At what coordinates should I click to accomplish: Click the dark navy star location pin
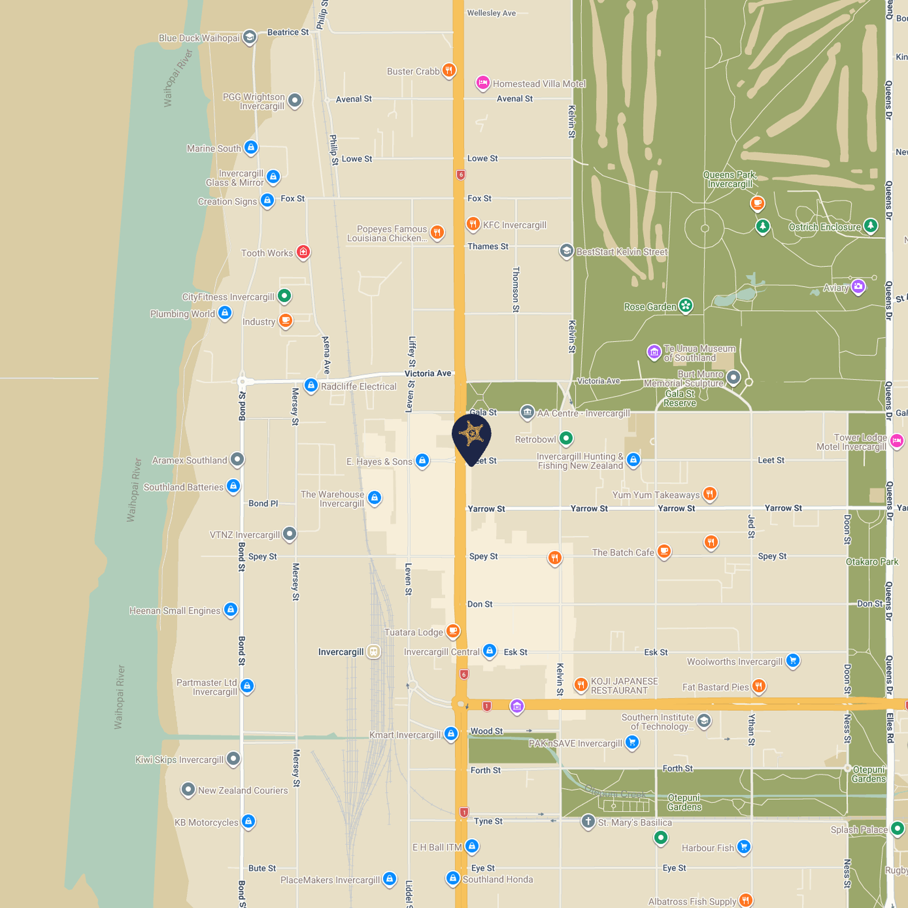pos(471,435)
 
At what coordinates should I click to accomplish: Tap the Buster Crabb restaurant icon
pos(449,70)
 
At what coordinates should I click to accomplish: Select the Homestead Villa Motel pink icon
pos(482,83)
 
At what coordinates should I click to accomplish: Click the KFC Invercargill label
pos(514,225)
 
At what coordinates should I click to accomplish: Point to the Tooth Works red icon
pos(303,252)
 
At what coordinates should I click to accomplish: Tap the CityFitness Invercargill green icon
pos(284,296)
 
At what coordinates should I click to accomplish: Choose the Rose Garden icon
pos(686,306)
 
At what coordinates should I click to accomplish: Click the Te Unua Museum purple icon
pos(654,352)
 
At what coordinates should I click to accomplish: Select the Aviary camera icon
pos(858,287)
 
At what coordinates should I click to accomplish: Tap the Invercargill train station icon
pos(374,652)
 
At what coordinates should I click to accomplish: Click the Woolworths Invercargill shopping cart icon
pos(793,661)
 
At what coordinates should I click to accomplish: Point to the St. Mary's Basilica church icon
pos(588,821)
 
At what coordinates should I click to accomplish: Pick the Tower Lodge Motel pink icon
pos(897,441)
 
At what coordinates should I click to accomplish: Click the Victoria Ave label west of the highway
pos(428,373)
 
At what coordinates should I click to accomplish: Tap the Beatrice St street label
pos(288,32)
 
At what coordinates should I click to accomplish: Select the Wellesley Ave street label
pos(491,13)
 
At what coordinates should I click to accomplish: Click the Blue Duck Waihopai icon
pos(249,37)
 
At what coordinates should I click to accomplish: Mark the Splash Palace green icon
pos(897,829)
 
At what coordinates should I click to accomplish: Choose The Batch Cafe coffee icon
pos(664,551)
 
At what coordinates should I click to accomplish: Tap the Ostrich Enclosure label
pos(825,227)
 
